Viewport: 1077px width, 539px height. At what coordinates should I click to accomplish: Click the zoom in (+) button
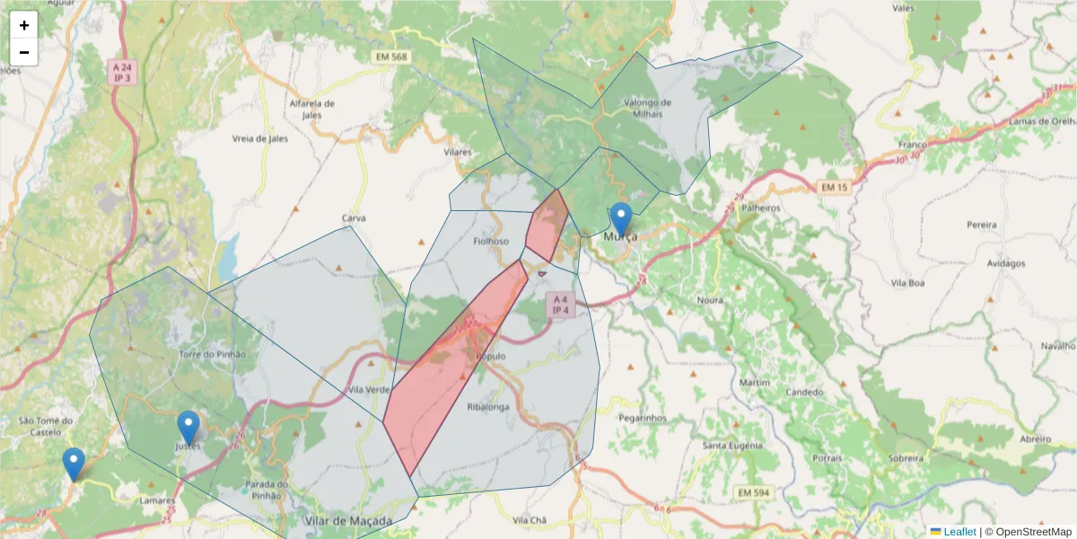point(24,25)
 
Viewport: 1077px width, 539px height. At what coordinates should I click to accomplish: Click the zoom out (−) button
point(24,52)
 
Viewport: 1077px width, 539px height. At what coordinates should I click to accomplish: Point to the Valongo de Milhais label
point(647,108)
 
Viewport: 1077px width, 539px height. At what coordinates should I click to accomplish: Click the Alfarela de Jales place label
point(311,109)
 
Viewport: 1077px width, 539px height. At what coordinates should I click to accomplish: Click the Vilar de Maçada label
point(348,521)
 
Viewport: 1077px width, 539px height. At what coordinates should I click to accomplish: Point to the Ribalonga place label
point(487,406)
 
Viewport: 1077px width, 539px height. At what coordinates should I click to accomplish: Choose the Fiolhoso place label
point(491,241)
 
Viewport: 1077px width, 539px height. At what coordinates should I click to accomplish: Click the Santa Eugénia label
point(732,446)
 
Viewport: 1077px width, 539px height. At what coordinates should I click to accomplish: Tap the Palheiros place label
point(761,208)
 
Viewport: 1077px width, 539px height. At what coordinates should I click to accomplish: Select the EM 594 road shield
point(752,492)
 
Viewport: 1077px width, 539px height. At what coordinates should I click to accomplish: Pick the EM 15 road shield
point(834,187)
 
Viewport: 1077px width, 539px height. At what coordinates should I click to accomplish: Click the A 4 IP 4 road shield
point(560,304)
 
